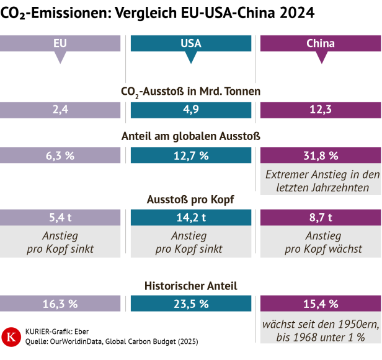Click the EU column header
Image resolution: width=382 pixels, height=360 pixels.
(60, 44)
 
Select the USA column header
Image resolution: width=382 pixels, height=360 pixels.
(191, 44)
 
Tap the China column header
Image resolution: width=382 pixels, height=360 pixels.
(321, 44)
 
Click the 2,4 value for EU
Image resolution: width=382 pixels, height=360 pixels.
(60, 110)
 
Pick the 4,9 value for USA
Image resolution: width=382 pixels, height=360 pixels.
(191, 110)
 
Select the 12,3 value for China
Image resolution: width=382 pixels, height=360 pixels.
(321, 110)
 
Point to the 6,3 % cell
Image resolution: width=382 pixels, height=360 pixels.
(60, 156)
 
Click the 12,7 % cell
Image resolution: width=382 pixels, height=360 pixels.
(191, 156)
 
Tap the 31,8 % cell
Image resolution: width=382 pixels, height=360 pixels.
(321, 156)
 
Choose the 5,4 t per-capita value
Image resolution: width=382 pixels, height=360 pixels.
(60, 217)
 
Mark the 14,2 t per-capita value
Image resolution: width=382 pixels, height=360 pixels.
(191, 217)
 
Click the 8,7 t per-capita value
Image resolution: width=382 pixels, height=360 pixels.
(321, 217)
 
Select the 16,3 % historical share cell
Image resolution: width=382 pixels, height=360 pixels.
(60, 304)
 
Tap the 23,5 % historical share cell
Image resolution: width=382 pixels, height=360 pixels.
(191, 304)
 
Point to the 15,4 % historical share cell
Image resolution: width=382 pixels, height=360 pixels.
(321, 304)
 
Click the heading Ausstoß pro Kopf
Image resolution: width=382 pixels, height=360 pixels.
(190, 200)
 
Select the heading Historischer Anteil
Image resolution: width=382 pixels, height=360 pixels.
(190, 286)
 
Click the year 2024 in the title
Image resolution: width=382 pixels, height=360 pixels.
(295, 12)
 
